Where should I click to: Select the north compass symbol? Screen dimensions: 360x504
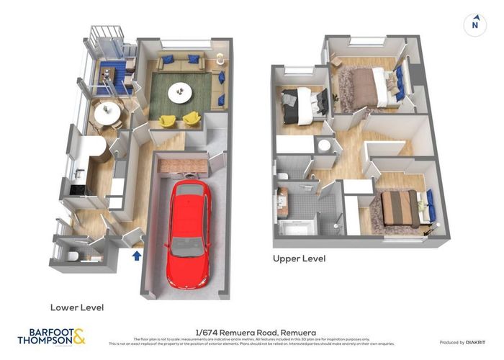coord(474,24)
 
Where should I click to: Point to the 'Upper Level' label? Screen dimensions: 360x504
coord(299,258)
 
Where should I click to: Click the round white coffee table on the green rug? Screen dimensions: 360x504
coord(180,91)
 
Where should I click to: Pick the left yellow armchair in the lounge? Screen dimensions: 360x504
coord(167,120)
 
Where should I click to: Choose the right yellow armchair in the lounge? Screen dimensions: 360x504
coord(192,118)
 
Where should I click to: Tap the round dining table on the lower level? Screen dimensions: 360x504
coord(107,113)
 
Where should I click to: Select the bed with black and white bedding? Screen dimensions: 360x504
coord(300,105)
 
